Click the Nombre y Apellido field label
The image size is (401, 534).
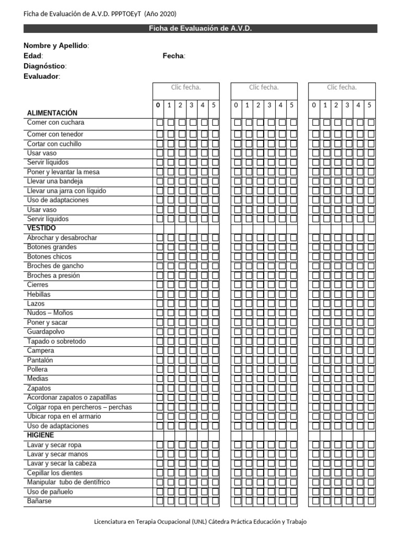[x=56, y=46]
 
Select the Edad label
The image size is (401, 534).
[x=33, y=56]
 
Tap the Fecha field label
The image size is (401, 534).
[x=173, y=56]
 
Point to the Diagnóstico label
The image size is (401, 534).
[x=45, y=66]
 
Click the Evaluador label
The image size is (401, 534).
[x=42, y=77]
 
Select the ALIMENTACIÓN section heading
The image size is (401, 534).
[x=52, y=113]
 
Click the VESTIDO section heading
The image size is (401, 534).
[x=41, y=228]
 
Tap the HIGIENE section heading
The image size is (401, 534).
[x=41, y=435]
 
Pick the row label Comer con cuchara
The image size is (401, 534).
[x=55, y=123]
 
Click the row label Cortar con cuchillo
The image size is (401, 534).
[x=54, y=144]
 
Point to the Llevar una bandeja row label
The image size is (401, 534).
[x=55, y=181]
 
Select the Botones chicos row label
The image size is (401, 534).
[x=50, y=257]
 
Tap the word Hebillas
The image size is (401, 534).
[x=39, y=294]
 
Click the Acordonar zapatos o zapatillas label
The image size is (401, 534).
[x=72, y=397]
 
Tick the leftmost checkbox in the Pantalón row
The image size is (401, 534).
[x=160, y=360]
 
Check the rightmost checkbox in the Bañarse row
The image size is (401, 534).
[x=371, y=501]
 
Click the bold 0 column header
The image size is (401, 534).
[x=158, y=105]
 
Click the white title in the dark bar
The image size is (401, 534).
[x=200, y=29]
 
